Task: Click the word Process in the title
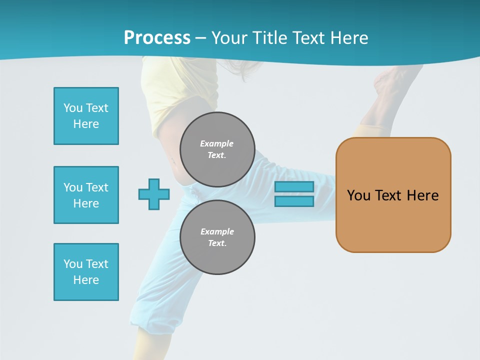(x=157, y=38)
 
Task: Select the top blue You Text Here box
(x=86, y=116)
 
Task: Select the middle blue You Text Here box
(x=86, y=195)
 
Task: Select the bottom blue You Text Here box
(x=86, y=272)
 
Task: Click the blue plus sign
(x=154, y=194)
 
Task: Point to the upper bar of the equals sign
(x=294, y=187)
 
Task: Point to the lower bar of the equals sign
(x=294, y=201)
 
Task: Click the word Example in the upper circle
(x=217, y=143)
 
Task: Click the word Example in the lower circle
(x=217, y=231)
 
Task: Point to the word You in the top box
(x=73, y=108)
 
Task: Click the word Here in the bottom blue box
(x=86, y=280)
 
